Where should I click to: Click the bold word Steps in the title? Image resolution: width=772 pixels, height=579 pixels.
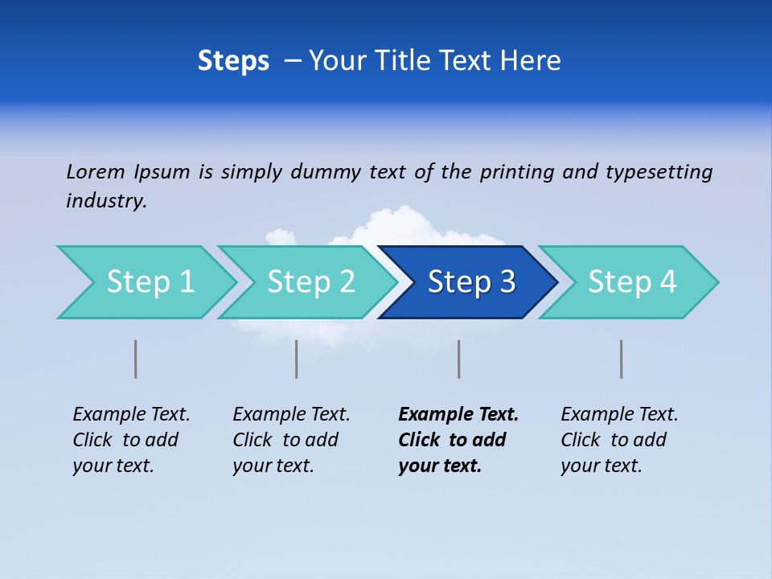pyautogui.click(x=233, y=61)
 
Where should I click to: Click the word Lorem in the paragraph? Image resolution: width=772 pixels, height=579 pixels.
pyautogui.click(x=95, y=171)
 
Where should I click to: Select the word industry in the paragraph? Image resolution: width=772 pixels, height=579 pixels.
pyautogui.click(x=105, y=200)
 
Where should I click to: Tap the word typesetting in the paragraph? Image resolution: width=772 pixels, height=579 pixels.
pyautogui.click(x=659, y=171)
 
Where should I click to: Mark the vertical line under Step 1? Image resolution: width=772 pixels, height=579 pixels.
pyautogui.click(x=136, y=359)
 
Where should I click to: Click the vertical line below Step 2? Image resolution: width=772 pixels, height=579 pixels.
pyautogui.click(x=297, y=359)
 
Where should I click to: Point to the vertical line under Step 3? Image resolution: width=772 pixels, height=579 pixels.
pyautogui.click(x=459, y=359)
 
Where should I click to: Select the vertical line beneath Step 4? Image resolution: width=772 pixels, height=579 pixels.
pyautogui.click(x=622, y=359)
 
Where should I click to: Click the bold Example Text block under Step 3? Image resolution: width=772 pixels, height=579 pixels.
pyautogui.click(x=458, y=440)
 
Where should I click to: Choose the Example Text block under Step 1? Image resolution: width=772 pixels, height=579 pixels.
pyautogui.click(x=131, y=440)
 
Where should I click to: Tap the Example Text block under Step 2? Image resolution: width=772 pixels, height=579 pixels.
pyautogui.click(x=291, y=440)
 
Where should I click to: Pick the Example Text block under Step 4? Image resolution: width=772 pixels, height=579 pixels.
pyautogui.click(x=619, y=440)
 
